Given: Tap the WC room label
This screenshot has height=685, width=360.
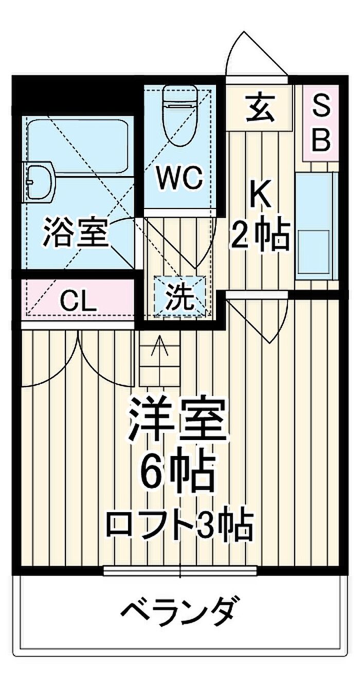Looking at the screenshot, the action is [x=179, y=178].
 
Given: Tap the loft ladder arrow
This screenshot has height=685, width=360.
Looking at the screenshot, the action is [x=160, y=345].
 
